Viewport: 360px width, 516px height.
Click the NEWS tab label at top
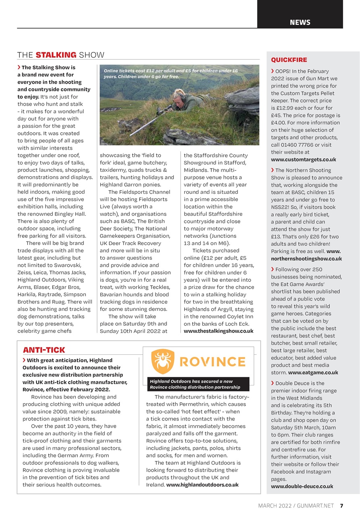[300, 22]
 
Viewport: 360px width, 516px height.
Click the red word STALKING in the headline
[56, 55]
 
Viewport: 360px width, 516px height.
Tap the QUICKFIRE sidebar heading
[289, 60]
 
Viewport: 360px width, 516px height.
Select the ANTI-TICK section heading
[44, 350]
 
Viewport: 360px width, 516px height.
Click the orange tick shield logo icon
[162, 361]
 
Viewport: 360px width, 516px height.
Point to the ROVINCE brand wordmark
[212, 362]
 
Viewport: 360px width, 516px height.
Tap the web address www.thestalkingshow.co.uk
[218, 331]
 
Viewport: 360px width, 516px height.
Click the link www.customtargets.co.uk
[304, 160]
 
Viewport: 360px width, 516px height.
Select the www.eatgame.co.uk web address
[313, 372]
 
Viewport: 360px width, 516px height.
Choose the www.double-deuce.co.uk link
[302, 486]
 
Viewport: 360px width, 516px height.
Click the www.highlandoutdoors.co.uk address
[202, 485]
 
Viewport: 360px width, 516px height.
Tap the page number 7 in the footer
[341, 506]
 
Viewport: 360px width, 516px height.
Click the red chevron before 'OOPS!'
[273, 71]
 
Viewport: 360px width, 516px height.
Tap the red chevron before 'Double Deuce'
[273, 383]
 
